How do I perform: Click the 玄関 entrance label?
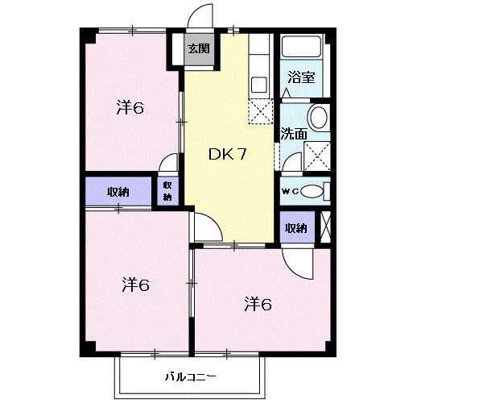click(x=199, y=48)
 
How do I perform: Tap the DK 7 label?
click(x=228, y=154)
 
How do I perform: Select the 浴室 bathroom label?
click(x=301, y=77)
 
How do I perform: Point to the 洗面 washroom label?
click(x=294, y=135)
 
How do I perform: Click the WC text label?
click(x=290, y=192)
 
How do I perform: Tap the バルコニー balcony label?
click(x=190, y=376)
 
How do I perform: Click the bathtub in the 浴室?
click(x=302, y=47)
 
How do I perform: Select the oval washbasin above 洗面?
click(x=319, y=118)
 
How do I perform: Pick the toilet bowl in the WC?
click(x=312, y=192)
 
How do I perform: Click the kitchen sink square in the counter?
click(x=258, y=85)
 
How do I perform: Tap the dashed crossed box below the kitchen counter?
click(x=261, y=111)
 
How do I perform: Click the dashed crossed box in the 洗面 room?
click(x=316, y=156)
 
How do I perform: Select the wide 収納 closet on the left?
click(x=118, y=191)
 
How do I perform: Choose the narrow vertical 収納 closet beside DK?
click(x=167, y=192)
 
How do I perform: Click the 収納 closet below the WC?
click(x=297, y=228)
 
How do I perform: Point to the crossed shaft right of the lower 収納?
click(x=325, y=227)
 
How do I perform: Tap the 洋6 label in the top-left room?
click(x=130, y=108)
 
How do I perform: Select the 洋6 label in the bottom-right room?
click(x=258, y=305)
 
